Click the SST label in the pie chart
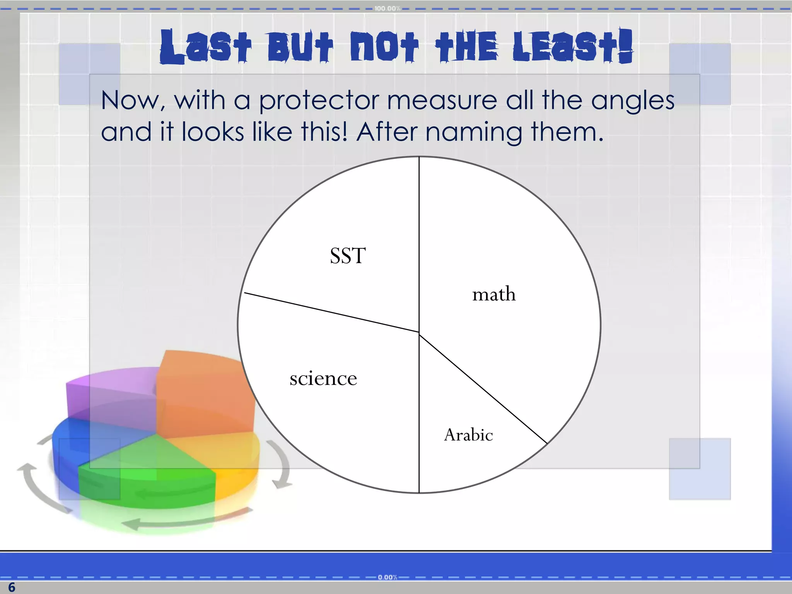click(348, 256)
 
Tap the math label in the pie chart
click(494, 295)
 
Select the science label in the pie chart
click(323, 379)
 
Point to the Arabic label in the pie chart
click(468, 435)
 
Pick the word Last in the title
click(205, 47)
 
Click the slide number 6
click(12, 587)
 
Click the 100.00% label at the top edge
click(387, 9)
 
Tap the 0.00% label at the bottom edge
click(387, 577)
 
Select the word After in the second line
click(387, 132)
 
